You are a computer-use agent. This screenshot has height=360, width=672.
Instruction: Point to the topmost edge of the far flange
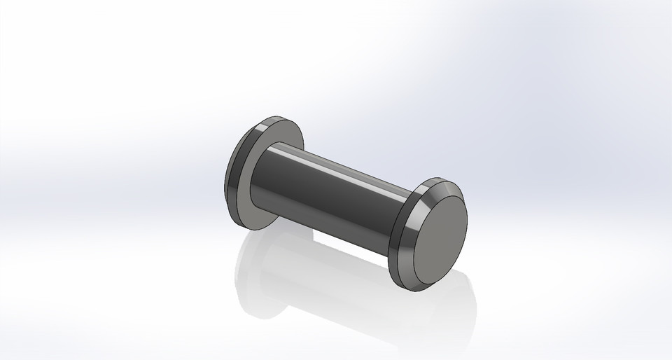[x=276, y=118]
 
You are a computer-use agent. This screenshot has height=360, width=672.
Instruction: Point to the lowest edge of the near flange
[x=409, y=288]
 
